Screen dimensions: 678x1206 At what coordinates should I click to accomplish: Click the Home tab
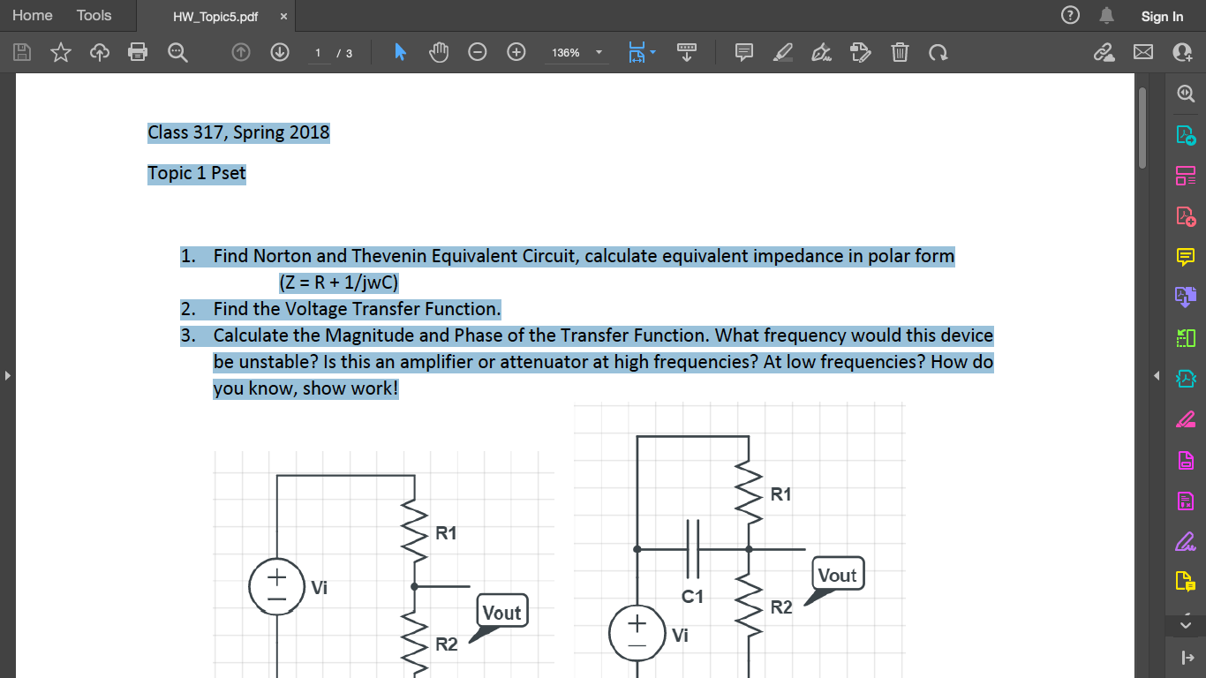point(33,16)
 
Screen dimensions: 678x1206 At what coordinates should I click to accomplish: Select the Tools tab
point(94,16)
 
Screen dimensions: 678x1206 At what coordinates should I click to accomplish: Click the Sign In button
point(1161,16)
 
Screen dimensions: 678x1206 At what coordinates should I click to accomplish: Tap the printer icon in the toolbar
point(138,53)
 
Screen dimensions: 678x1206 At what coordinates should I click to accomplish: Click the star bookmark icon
point(60,53)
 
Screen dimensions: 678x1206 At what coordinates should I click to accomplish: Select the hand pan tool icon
point(439,53)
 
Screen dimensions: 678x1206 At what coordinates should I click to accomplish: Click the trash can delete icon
point(899,53)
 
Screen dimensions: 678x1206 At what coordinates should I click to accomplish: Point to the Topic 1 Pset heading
point(197,173)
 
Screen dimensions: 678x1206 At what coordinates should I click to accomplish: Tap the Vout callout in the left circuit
point(501,612)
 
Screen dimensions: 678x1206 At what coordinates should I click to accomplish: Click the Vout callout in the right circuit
point(837,576)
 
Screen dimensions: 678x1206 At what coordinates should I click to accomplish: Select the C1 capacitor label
point(693,597)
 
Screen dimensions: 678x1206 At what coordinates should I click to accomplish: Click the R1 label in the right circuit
point(780,494)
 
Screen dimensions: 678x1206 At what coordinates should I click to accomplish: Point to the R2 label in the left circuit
point(447,644)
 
